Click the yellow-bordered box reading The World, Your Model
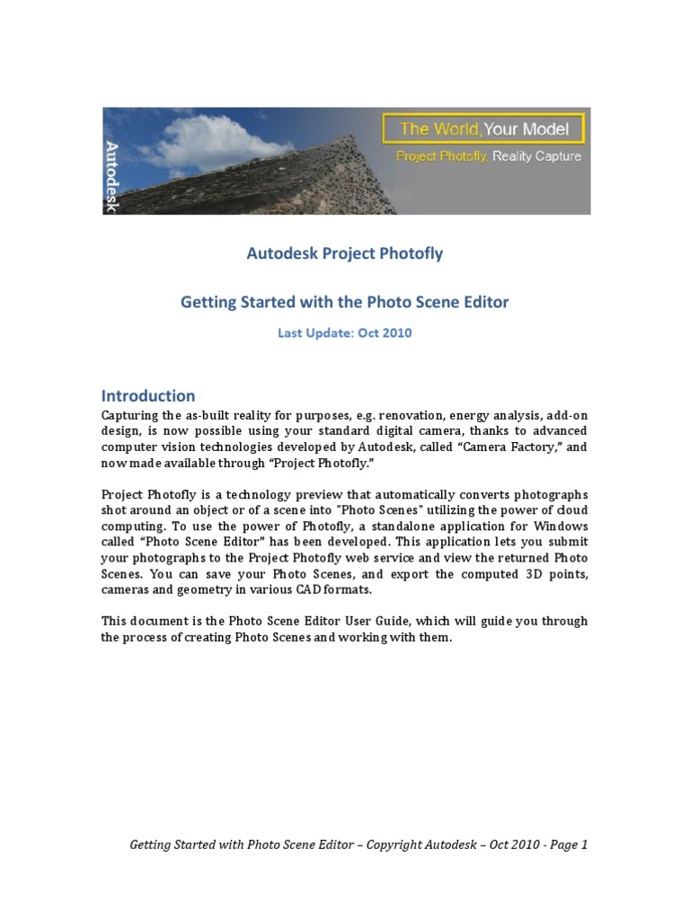tap(483, 128)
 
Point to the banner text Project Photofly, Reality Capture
tap(489, 156)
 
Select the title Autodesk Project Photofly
tap(345, 253)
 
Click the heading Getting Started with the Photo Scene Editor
tap(345, 302)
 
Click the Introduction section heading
tap(148, 395)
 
